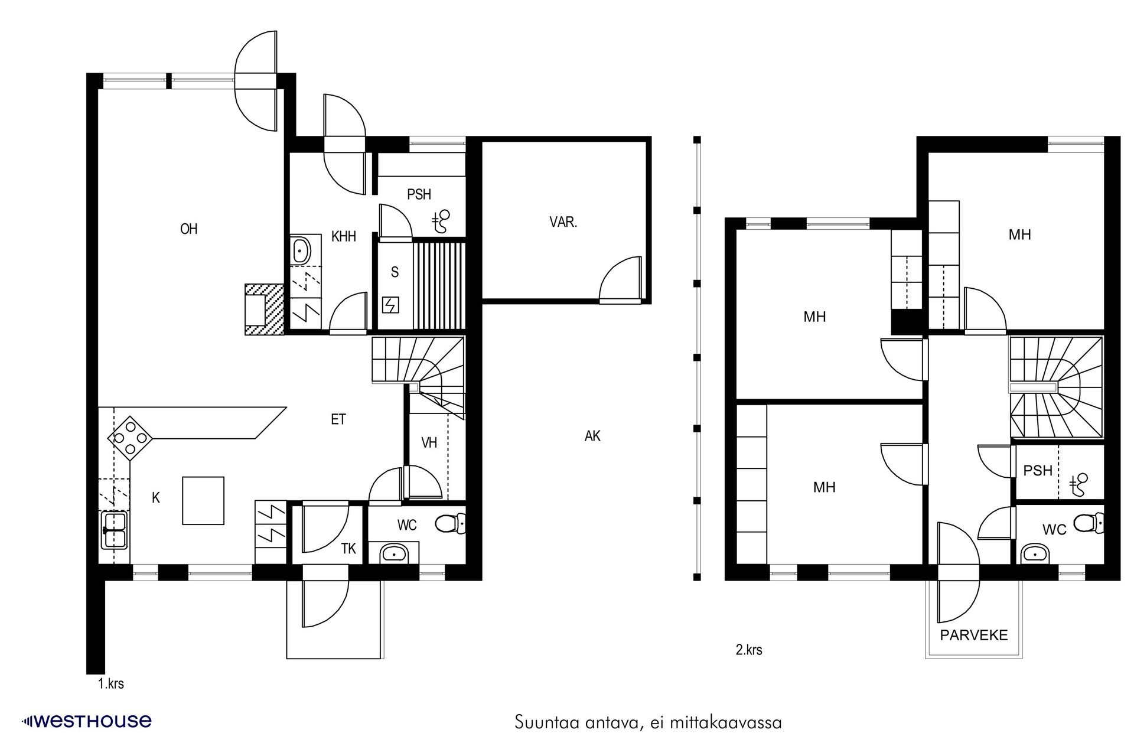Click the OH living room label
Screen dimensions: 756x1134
[x=188, y=229]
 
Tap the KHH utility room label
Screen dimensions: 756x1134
[x=343, y=237]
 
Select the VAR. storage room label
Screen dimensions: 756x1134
[x=563, y=223]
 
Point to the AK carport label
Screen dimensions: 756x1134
[x=592, y=436]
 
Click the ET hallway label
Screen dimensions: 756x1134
[x=338, y=420]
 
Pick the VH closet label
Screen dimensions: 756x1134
[x=429, y=442]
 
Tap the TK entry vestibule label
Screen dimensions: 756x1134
[x=348, y=549]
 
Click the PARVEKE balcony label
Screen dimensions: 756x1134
[x=973, y=636]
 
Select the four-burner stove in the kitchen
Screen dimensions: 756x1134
[x=130, y=438]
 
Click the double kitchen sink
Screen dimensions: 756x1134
[x=114, y=530]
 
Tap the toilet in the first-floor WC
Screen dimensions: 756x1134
[x=450, y=523]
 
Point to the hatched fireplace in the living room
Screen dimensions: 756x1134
[x=264, y=309]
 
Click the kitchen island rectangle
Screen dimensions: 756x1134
[x=203, y=501]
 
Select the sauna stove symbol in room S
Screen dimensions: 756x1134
[x=390, y=305]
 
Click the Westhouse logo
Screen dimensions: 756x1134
[x=87, y=721]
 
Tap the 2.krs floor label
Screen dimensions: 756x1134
[x=748, y=650]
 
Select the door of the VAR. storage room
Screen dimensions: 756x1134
[x=621, y=281]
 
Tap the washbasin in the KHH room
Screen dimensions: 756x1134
[x=301, y=251]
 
